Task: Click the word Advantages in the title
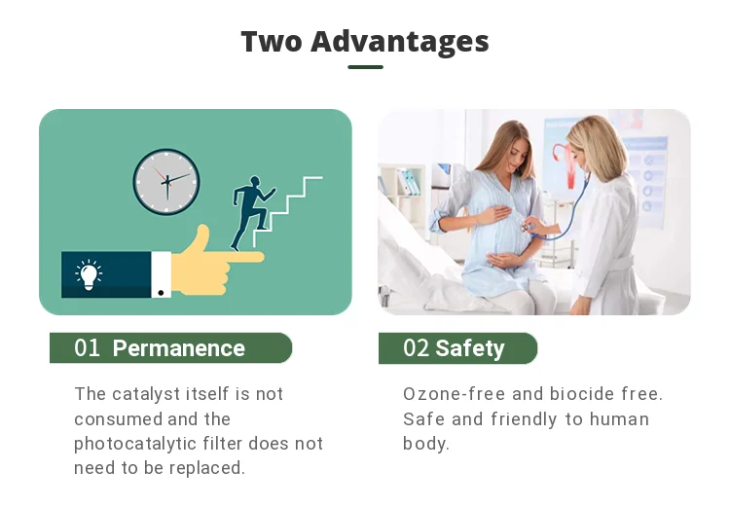point(399,43)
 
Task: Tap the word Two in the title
point(272,42)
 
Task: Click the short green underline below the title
point(365,67)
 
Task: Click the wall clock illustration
point(166,182)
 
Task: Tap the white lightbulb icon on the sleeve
point(89,274)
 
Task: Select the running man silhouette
point(251,213)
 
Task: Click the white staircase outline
point(287,211)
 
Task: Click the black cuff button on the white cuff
point(161,293)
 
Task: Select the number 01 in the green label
point(87,347)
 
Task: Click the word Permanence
point(179,348)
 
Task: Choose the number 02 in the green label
point(416,347)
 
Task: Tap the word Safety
point(470,348)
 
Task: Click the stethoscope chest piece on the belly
point(526,228)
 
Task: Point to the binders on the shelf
point(408,183)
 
